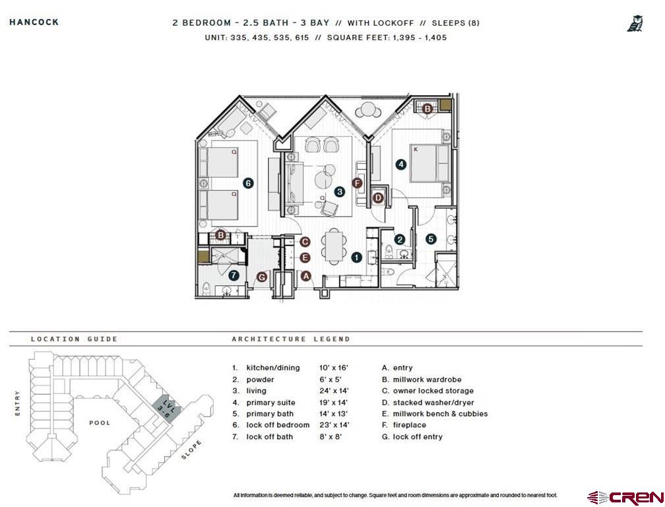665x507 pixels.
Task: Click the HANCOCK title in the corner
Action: (x=34, y=22)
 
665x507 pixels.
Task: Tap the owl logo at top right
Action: (x=635, y=24)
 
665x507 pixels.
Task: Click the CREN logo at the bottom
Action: (x=625, y=496)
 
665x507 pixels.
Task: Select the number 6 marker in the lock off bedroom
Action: (x=248, y=184)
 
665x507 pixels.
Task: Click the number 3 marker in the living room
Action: (x=339, y=191)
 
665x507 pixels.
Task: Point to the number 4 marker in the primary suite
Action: (x=400, y=164)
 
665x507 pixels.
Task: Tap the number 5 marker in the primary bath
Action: (x=431, y=239)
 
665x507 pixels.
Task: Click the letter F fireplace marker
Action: (x=358, y=183)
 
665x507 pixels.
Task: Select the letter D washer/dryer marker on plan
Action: (x=379, y=197)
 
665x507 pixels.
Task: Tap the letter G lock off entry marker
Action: (x=262, y=277)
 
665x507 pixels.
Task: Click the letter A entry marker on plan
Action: (x=305, y=277)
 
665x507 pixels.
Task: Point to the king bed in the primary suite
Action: (x=429, y=163)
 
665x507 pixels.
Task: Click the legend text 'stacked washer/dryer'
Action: (x=433, y=402)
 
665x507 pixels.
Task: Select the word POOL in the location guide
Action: (x=100, y=422)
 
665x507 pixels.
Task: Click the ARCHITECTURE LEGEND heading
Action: (x=290, y=339)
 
